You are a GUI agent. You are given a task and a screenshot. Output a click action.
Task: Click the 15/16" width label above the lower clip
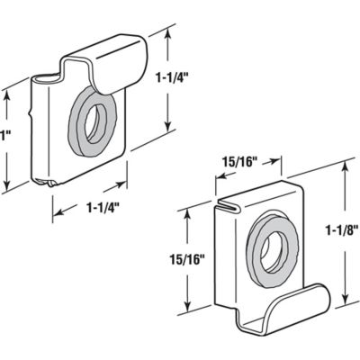coord(242,162)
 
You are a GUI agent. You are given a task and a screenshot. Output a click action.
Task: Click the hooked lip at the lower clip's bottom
coord(297,306)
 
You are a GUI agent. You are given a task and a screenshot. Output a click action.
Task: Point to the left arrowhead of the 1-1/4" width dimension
coord(56,215)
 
